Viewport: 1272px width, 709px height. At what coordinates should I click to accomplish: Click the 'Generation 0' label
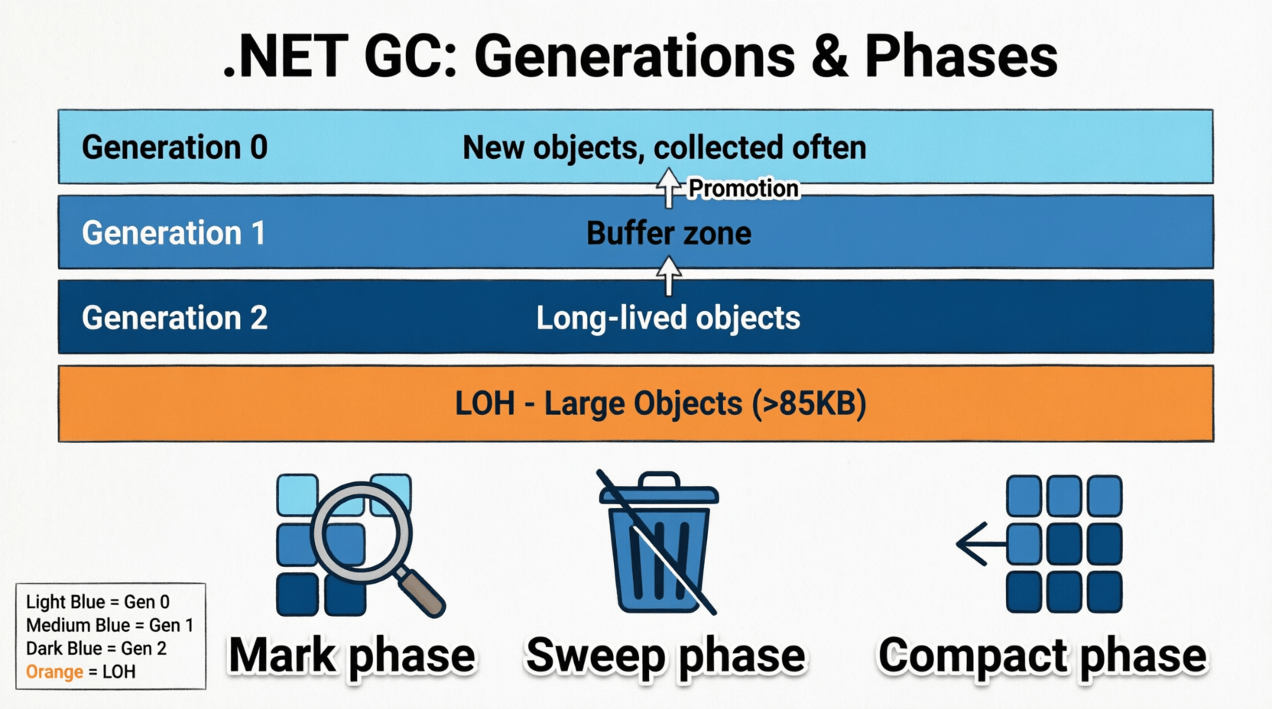coord(174,147)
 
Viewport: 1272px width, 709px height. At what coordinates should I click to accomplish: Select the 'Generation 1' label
coord(174,233)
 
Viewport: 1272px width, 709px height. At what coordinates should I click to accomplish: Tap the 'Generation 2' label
coord(174,318)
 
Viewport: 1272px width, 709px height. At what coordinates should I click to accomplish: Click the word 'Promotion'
coord(743,188)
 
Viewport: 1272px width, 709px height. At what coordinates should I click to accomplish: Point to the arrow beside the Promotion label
coord(669,188)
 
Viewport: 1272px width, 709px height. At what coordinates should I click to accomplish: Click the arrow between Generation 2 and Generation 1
coord(669,275)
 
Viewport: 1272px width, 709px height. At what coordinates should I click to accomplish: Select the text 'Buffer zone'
coord(668,233)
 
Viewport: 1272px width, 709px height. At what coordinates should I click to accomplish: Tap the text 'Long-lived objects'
coord(667,318)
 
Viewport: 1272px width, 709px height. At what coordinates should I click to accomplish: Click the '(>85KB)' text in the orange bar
coord(809,403)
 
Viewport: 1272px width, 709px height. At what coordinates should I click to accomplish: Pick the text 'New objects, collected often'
coord(664,147)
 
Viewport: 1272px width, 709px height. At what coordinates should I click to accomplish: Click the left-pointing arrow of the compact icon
coord(978,544)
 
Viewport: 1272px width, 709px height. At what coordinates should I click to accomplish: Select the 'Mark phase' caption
coord(352,656)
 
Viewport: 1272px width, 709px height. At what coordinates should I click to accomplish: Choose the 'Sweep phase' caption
coord(665,656)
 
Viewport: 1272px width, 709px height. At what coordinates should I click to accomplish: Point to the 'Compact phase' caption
coord(1042,656)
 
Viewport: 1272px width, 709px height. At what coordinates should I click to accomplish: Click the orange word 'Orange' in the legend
coord(54,672)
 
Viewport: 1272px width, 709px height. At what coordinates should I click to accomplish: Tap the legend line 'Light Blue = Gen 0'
coord(98,602)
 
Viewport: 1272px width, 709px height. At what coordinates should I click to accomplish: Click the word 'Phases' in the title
coord(961,57)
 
